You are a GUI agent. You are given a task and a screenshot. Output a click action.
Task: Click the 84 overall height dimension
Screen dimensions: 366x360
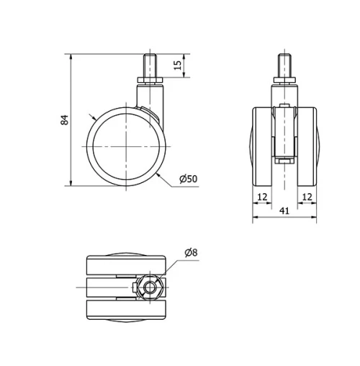click(64, 120)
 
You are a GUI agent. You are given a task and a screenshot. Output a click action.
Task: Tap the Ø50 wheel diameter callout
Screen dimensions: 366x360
click(187, 178)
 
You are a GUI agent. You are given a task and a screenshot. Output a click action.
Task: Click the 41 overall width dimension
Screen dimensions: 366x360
click(284, 210)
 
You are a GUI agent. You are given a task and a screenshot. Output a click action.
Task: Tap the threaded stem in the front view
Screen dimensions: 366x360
click(284, 67)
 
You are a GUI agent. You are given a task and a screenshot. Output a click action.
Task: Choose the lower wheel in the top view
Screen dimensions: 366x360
click(125, 311)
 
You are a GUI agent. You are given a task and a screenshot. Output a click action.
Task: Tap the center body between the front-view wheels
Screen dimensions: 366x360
click(284, 133)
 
